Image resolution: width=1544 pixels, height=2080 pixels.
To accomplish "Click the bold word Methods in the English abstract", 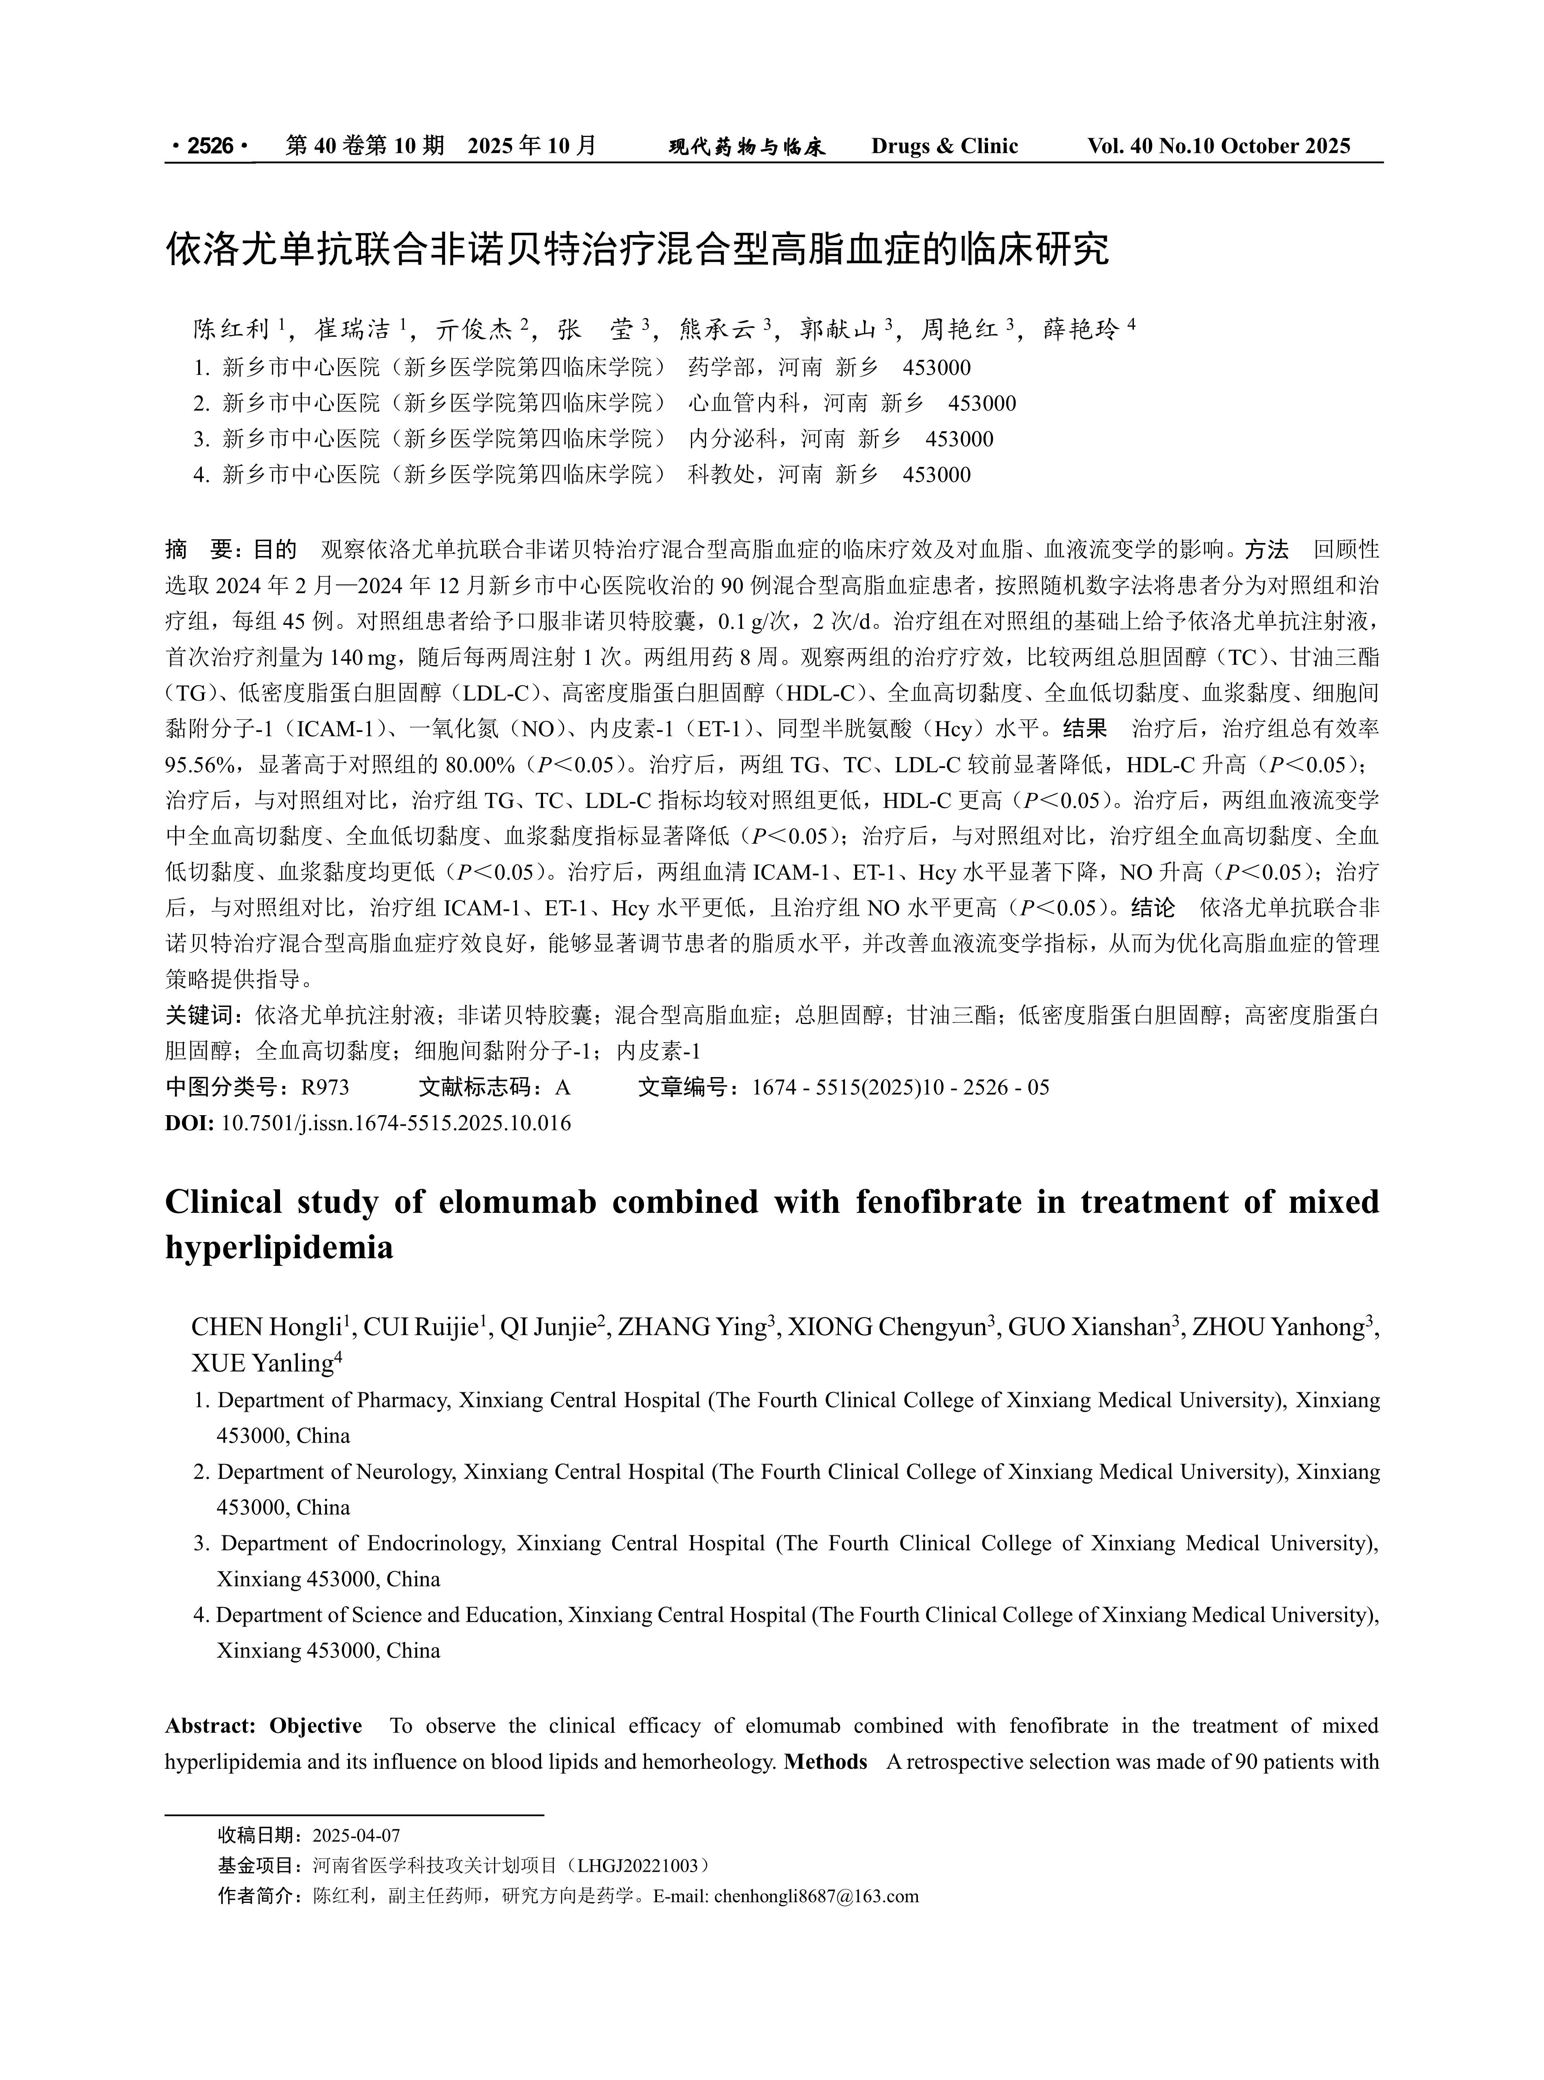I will point(826,1761).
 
